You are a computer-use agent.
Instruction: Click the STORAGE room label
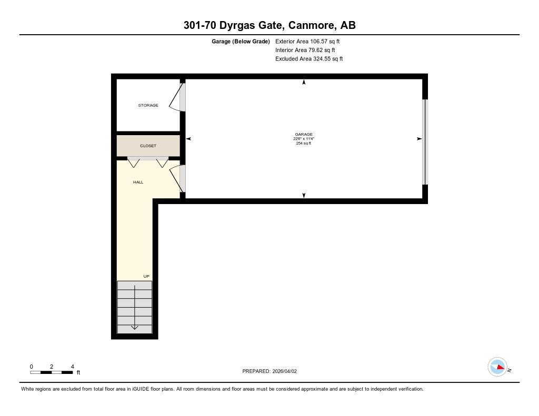coord(148,105)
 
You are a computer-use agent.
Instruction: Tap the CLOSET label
coord(148,146)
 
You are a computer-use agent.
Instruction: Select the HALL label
coord(138,182)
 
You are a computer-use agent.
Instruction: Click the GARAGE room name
coord(304,134)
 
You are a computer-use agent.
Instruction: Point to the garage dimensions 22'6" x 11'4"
coord(304,139)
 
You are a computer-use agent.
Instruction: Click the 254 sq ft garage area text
coord(304,143)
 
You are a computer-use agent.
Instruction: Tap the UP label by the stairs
coord(146,276)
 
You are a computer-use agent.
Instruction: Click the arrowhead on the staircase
coord(134,327)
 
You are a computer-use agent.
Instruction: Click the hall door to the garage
coord(177,179)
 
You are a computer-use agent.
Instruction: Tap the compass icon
coord(497,367)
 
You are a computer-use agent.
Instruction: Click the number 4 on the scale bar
coord(72,367)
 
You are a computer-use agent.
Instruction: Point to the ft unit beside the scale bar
coord(78,372)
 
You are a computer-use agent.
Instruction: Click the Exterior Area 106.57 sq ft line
coord(307,41)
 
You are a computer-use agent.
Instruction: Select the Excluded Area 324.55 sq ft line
coord(309,59)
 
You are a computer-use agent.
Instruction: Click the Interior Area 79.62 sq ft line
coord(305,50)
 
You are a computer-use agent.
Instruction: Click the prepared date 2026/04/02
coord(284,371)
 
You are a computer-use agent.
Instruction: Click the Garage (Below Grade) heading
coord(241,42)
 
